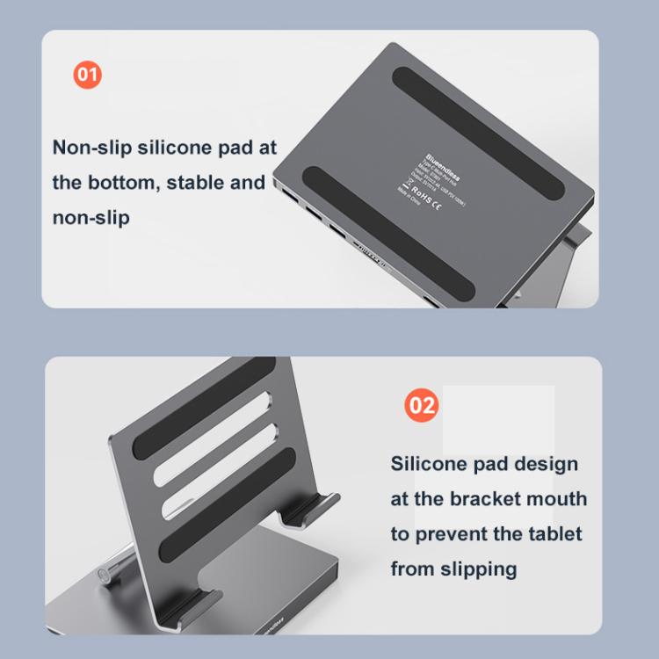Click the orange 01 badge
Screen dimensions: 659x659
[x=87, y=74]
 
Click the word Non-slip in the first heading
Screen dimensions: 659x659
[x=91, y=147]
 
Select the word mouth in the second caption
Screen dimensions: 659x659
[x=557, y=499]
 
